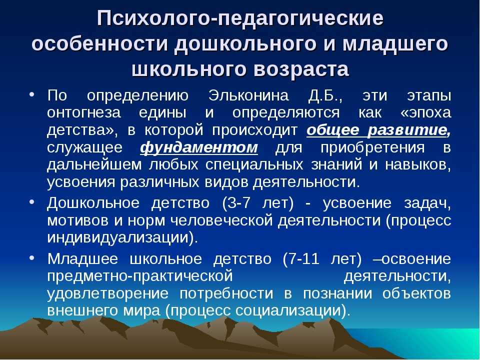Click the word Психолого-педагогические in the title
pyautogui.click(x=240, y=19)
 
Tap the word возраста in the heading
pyautogui.click(x=301, y=69)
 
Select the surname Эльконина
pyautogui.click(x=248, y=95)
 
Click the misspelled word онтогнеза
pyautogui.click(x=84, y=113)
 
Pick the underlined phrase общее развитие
pyautogui.click(x=378, y=130)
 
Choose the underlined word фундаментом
pyautogui.click(x=199, y=147)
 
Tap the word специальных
pyautogui.click(x=254, y=165)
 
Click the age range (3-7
pyautogui.click(x=236, y=203)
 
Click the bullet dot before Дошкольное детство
pyautogui.click(x=32, y=202)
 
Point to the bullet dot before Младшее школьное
pyautogui.click(x=32, y=258)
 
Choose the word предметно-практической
pyautogui.click(x=140, y=276)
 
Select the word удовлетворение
pyautogui.click(x=108, y=294)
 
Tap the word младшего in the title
pyautogui.click(x=395, y=44)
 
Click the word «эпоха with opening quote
pyautogui.click(x=425, y=113)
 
